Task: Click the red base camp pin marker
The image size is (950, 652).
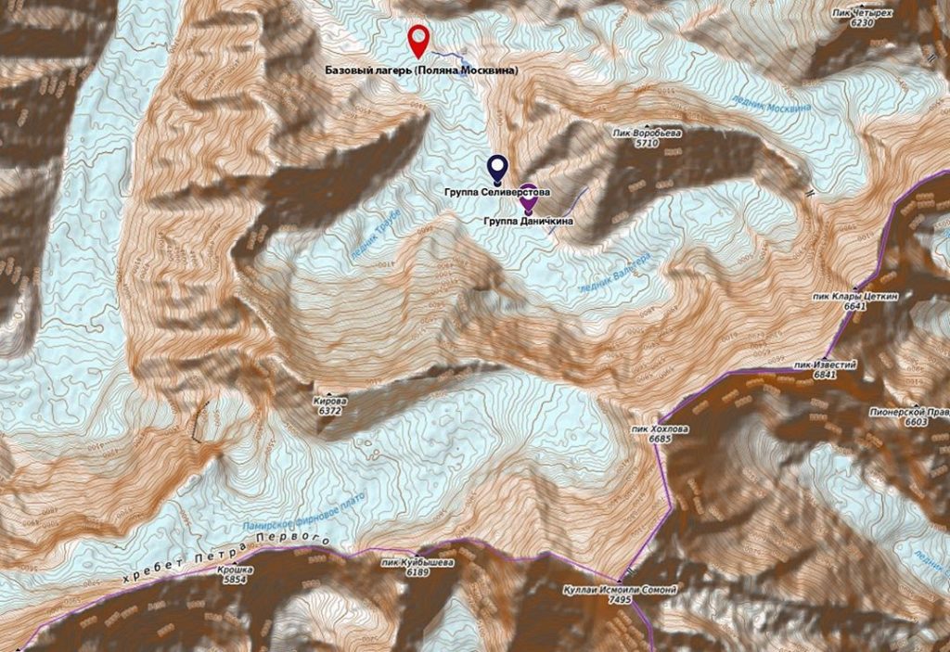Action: [419, 39]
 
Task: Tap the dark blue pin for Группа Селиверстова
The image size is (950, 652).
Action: [497, 167]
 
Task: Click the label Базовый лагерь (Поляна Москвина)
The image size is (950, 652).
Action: [421, 70]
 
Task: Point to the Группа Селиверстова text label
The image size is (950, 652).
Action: [497, 191]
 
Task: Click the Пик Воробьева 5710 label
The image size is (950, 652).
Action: [648, 138]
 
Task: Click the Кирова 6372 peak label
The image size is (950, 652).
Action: [331, 405]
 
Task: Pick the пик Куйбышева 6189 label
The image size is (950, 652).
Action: [417, 568]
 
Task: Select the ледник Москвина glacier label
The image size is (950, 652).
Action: [770, 99]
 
